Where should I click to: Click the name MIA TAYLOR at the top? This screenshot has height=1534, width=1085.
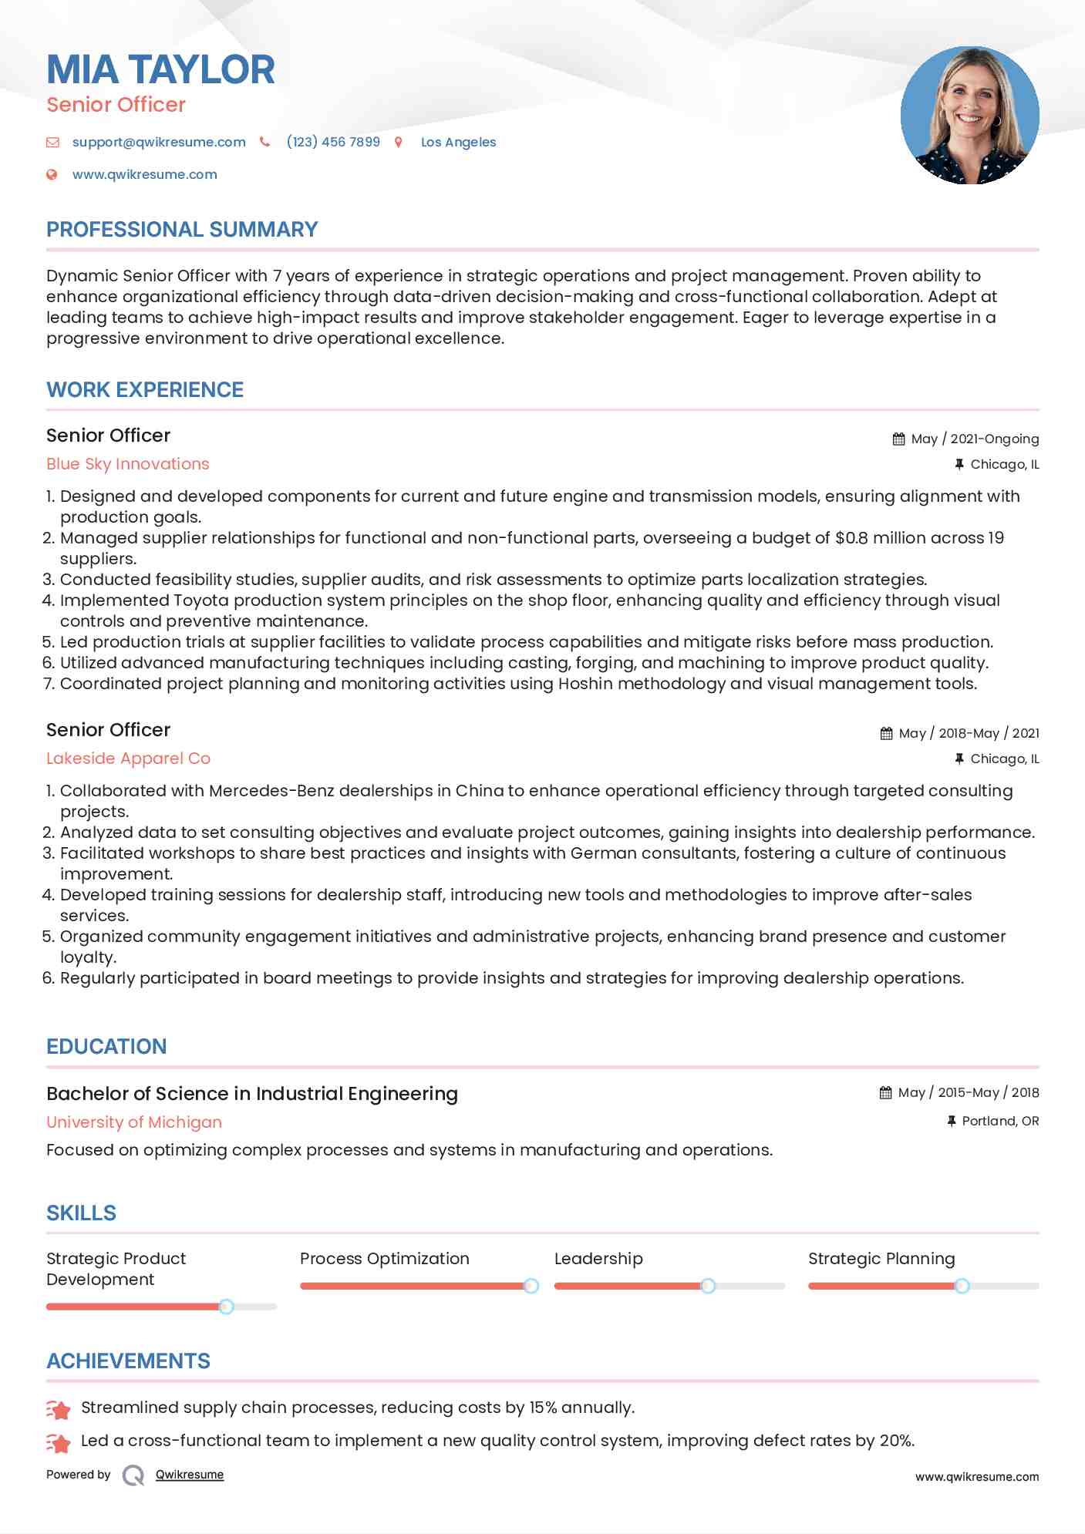tap(160, 70)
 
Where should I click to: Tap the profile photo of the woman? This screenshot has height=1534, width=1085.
tap(969, 116)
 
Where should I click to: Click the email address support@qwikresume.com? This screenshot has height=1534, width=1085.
tap(159, 142)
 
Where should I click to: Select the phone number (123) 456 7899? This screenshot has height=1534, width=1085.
tap(333, 142)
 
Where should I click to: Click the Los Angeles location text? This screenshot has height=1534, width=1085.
tap(458, 142)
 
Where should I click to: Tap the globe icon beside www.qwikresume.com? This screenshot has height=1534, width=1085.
tap(52, 174)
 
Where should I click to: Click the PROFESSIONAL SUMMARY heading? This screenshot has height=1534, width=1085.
tap(182, 230)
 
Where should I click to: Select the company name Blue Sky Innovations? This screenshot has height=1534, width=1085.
tap(128, 464)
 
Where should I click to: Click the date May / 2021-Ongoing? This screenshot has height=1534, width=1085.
tap(975, 439)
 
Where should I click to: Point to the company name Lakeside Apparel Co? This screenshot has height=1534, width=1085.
tap(128, 759)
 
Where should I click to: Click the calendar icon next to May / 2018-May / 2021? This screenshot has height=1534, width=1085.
tap(886, 734)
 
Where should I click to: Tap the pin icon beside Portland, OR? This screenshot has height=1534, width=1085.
tap(952, 1121)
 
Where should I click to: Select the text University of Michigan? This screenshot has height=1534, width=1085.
tap(134, 1122)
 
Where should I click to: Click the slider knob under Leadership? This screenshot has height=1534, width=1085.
tap(708, 1286)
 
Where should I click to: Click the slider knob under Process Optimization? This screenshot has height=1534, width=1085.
tap(531, 1286)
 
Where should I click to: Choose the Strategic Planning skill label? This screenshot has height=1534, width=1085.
tap(881, 1259)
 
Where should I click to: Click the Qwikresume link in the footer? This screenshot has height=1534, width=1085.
tap(190, 1475)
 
